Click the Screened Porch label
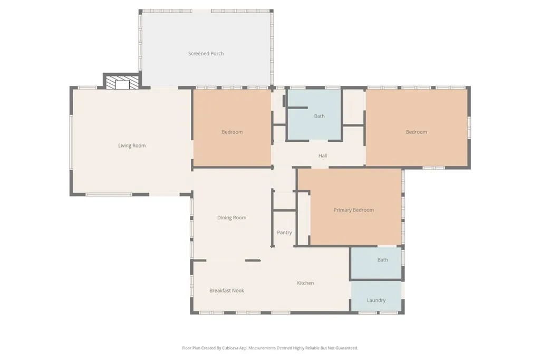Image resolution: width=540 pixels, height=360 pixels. click(x=206, y=54)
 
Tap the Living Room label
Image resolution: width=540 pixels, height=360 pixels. click(x=132, y=146)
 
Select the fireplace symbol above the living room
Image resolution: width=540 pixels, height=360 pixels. click(x=122, y=83)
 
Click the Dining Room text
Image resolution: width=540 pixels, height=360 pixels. click(x=232, y=218)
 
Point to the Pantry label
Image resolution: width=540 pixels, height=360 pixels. click(x=284, y=232)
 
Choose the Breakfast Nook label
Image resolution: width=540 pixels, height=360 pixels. click(x=227, y=290)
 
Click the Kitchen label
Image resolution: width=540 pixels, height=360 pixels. click(x=305, y=283)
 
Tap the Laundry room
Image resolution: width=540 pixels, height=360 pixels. click(x=376, y=300)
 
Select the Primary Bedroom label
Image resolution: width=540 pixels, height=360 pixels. click(x=354, y=210)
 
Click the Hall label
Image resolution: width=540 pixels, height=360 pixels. click(x=323, y=156)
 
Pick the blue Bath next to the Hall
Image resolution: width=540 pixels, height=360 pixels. click(x=319, y=116)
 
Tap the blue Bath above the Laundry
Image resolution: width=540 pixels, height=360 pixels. click(x=382, y=260)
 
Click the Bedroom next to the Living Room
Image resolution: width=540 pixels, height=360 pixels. click(x=232, y=132)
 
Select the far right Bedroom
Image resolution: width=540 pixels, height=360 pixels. click(x=416, y=132)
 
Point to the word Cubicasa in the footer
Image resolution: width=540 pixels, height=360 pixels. click(x=224, y=348)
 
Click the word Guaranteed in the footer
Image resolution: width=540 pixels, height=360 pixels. click(x=346, y=348)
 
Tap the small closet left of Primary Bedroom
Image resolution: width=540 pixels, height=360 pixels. click(x=304, y=219)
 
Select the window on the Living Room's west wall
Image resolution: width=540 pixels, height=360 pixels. click(x=71, y=142)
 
